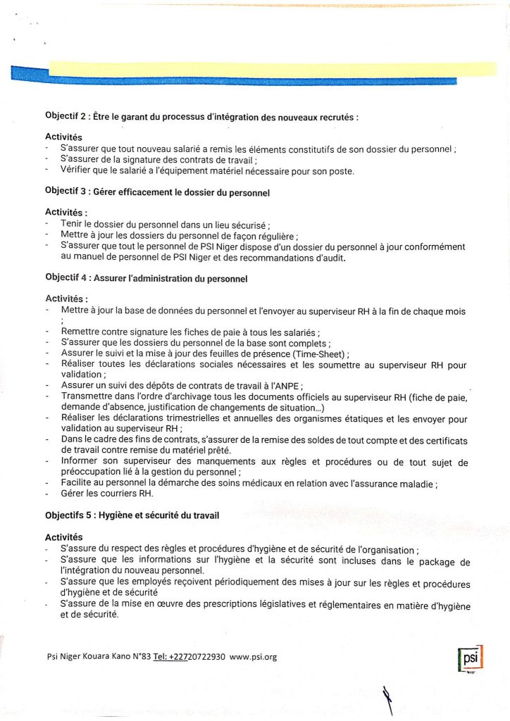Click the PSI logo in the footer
click(468, 658)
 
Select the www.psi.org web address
click(253, 657)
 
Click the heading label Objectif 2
click(66, 116)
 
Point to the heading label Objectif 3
click(66, 192)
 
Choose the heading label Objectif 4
click(66, 279)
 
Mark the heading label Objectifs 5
click(69, 515)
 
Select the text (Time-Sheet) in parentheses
click(313, 353)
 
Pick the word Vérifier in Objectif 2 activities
click(77, 171)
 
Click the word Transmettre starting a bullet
click(89, 396)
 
